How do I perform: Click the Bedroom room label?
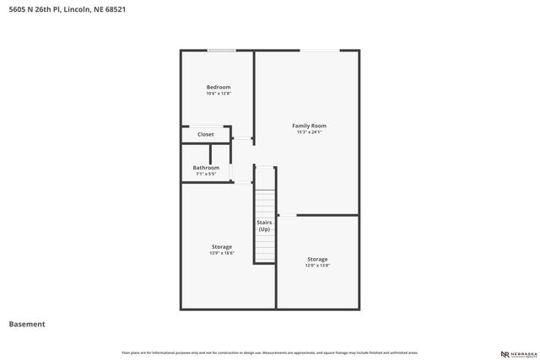click(219, 87)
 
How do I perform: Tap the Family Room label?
click(310, 126)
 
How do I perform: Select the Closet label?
click(206, 134)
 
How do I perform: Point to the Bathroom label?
click(206, 168)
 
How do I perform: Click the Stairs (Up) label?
click(264, 226)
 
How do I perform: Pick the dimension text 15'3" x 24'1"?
click(310, 132)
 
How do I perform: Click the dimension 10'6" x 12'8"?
click(219, 93)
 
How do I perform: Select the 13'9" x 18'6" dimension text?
click(222, 253)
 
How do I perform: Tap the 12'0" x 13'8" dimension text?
click(317, 265)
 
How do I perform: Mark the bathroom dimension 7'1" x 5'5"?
click(206, 174)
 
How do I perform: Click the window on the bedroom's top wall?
click(222, 51)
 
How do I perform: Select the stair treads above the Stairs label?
click(265, 202)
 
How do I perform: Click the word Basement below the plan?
click(27, 324)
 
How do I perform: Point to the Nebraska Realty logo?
click(517, 354)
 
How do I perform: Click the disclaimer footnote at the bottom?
click(270, 352)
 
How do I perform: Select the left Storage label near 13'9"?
click(222, 247)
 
